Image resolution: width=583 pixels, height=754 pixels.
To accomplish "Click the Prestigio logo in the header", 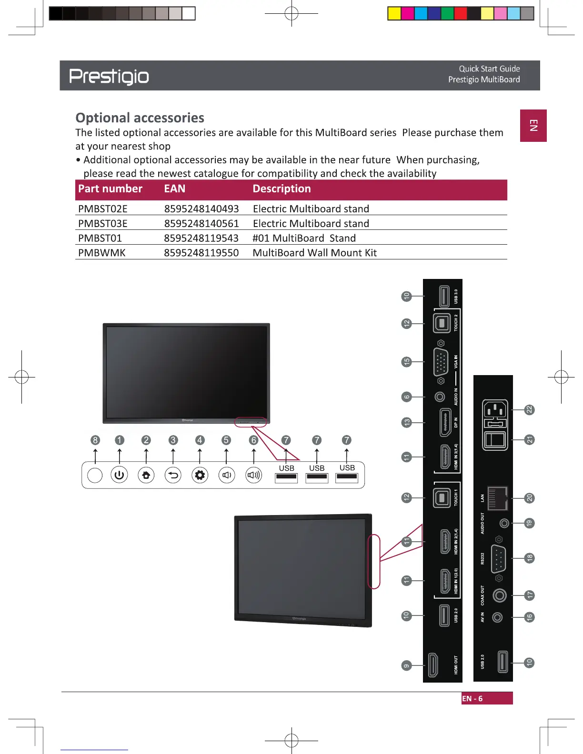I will point(109,76).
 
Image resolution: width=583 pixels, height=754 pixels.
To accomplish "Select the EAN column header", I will point(175,189).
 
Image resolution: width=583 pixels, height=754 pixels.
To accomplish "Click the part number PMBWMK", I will point(102,253).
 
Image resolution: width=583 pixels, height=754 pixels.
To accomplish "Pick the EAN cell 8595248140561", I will point(201,224).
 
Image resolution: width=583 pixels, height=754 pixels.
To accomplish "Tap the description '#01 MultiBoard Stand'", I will point(304,238).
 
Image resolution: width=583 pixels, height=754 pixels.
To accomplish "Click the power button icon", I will point(119,475).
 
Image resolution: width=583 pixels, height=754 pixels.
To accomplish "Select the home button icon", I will point(146,475).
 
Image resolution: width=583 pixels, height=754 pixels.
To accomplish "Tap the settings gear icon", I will point(200,475).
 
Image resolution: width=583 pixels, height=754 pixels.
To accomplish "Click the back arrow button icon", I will point(173,475).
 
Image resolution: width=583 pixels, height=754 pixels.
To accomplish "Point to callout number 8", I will point(95,440).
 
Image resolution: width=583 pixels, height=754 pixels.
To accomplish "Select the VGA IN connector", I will point(441,362).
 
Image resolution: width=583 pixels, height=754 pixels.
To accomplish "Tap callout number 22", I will point(529,410).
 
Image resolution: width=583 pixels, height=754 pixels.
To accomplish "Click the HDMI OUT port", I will point(433,665).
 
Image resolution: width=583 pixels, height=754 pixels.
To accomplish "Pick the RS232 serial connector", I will point(498,558).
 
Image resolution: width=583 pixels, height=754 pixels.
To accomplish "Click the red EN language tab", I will point(533,126).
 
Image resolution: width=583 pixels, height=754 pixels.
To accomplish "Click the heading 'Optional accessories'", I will point(140,118).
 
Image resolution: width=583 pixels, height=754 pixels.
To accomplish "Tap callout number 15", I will point(406,362).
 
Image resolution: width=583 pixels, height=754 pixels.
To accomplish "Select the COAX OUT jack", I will point(499,595).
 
